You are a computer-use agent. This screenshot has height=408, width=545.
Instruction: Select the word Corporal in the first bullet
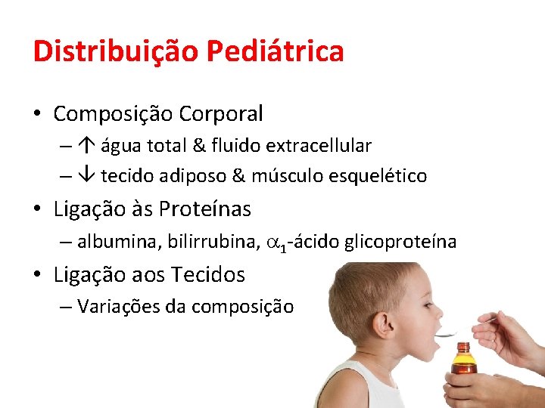[221, 114]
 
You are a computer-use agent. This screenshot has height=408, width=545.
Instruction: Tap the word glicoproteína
[400, 242]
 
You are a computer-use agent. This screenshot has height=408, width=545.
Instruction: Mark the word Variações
[113, 307]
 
